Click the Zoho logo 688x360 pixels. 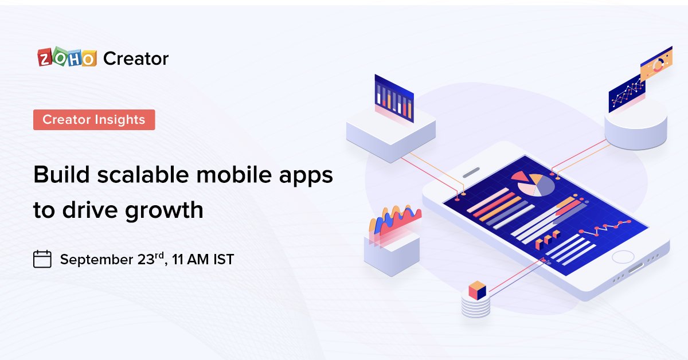pos(67,58)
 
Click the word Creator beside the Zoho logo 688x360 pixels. pos(136,58)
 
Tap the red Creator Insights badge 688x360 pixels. pos(94,119)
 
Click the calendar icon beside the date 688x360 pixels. pos(42,259)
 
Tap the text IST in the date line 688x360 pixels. pos(222,260)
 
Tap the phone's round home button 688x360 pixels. pos(623,257)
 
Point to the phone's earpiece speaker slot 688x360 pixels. pos(471,171)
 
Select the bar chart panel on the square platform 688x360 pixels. pos(394,98)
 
